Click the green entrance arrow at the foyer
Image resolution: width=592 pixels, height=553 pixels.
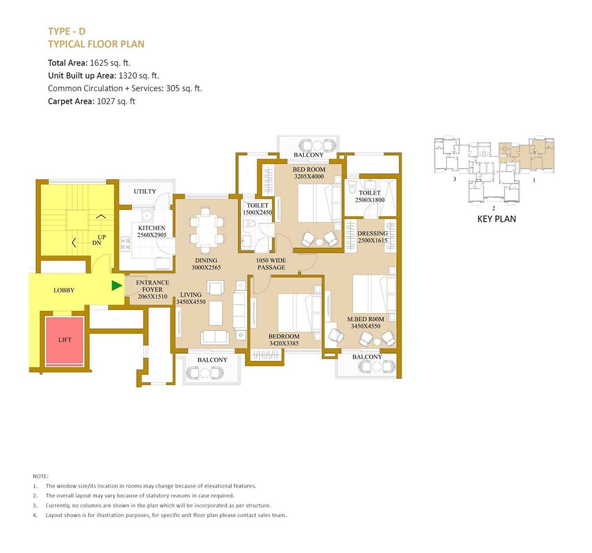point(116,285)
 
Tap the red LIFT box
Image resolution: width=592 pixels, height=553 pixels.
point(65,340)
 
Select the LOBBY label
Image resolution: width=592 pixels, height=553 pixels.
point(64,290)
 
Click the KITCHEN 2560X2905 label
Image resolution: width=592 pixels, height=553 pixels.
point(152,232)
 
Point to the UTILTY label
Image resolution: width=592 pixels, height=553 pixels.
point(145,192)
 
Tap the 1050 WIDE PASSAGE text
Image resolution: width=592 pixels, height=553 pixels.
point(271,264)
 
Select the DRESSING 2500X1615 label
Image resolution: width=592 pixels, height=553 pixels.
point(372,237)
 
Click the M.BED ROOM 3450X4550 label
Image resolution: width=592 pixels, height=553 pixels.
point(366,322)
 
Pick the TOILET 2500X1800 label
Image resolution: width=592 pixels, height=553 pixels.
point(370,197)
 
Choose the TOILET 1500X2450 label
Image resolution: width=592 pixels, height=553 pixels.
point(257,209)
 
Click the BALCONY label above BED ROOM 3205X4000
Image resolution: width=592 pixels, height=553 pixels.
point(308,155)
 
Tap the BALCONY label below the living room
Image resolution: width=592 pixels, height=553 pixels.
point(212,360)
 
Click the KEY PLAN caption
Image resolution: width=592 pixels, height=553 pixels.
point(496,219)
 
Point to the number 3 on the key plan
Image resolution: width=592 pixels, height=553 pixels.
point(454,180)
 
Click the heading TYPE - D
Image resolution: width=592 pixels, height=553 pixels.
point(67,31)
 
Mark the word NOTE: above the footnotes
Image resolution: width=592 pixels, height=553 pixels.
point(40,476)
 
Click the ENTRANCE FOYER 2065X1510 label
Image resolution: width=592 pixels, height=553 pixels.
point(152,290)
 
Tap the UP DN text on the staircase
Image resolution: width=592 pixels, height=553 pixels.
point(99,240)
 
